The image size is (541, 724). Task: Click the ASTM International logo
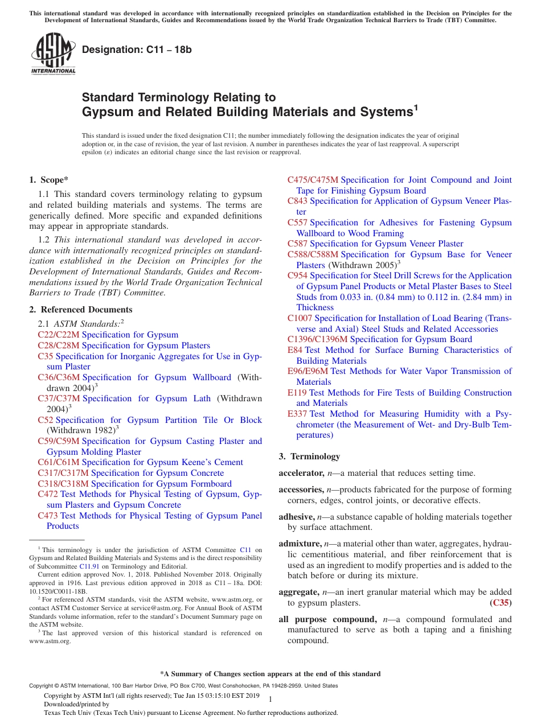tap(53, 54)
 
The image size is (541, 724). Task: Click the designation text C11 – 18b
tap(137, 50)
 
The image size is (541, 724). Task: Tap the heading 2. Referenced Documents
tap(81, 310)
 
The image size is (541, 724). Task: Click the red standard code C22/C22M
tap(59, 335)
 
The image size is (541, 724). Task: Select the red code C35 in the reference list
tap(46, 356)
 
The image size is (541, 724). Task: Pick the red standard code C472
tap(48, 494)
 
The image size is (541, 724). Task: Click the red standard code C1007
tap(300, 318)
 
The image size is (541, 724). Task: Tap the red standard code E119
tap(297, 393)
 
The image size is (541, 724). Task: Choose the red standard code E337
tap(297, 414)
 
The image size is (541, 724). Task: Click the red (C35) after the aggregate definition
tap(501, 603)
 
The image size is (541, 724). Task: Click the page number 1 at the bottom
tap(270, 699)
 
